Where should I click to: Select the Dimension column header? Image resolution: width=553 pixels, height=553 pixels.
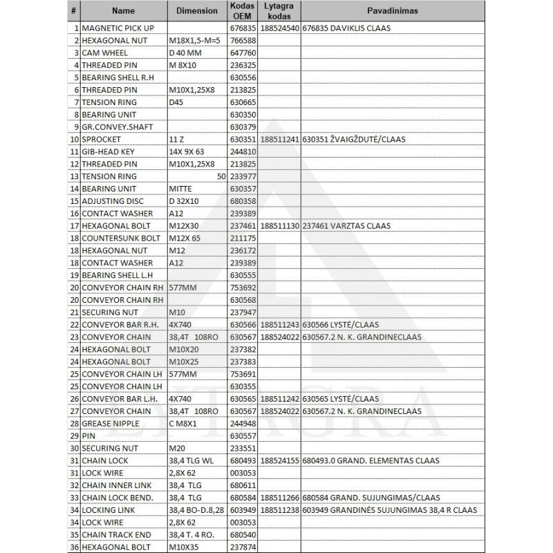(196, 10)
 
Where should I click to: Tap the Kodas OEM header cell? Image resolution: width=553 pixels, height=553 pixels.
(243, 10)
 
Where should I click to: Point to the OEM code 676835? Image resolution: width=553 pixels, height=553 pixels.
(243, 28)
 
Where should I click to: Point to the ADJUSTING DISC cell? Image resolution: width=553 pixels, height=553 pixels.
(112, 201)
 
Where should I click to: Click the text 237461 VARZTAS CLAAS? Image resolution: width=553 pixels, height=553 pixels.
(346, 226)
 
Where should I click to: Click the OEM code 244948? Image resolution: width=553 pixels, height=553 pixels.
(243, 424)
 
